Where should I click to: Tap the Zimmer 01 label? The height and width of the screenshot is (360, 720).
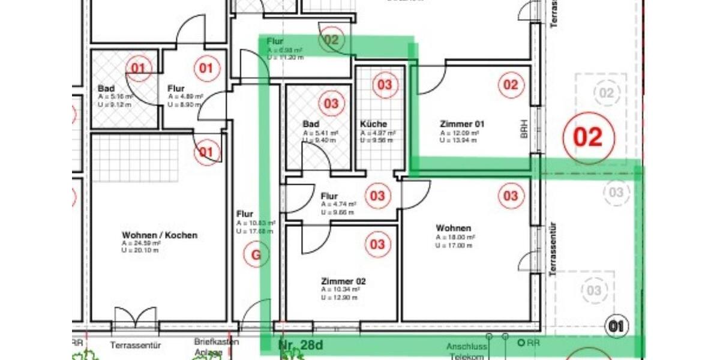tap(462, 124)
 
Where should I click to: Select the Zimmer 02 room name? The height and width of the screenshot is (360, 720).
tap(343, 281)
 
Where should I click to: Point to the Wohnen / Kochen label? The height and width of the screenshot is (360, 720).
tap(160, 235)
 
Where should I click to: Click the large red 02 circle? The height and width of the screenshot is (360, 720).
tap(588, 137)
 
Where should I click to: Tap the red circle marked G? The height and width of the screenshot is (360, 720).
tap(256, 255)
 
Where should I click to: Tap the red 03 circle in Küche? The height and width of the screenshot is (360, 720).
tap(385, 85)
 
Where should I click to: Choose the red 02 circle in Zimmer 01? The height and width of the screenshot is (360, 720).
tap(510, 85)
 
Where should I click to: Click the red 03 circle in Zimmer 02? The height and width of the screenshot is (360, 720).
tap(377, 245)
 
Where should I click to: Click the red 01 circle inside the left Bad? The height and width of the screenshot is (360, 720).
tap(139, 68)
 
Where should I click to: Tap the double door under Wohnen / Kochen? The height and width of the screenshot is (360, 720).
tap(135, 318)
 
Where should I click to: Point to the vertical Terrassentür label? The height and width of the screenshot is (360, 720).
tap(553, 249)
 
